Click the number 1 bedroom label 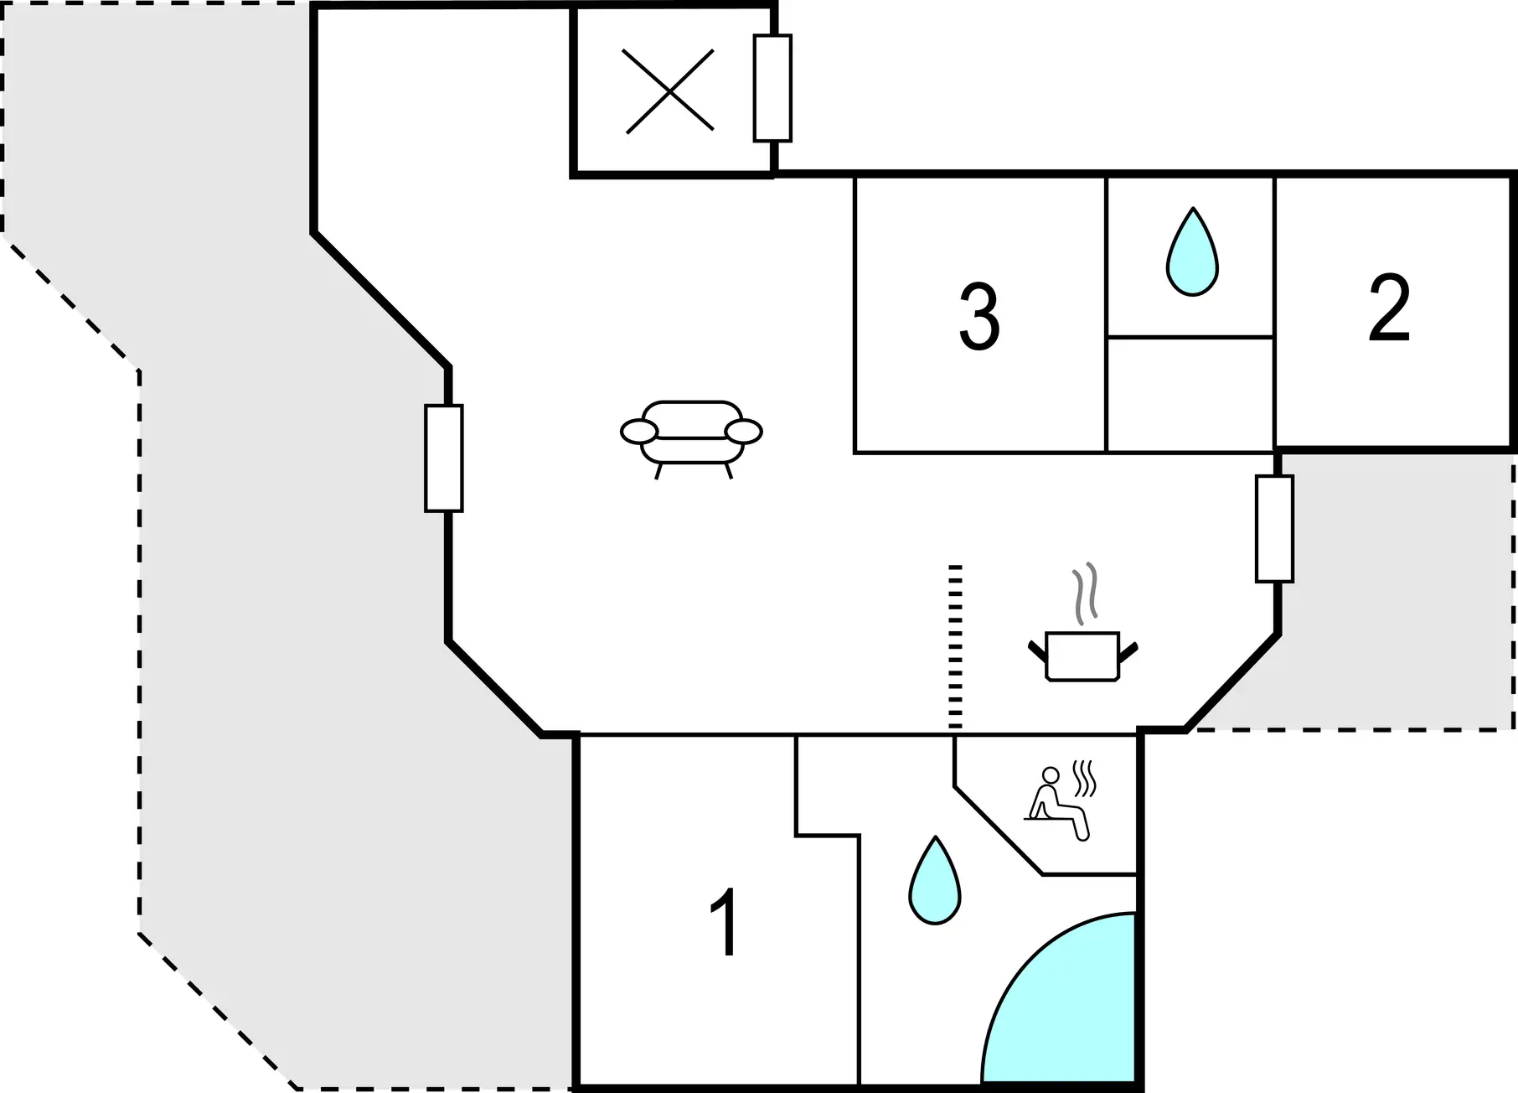[x=725, y=922]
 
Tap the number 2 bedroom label [x=1389, y=308]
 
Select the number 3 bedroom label [x=979, y=316]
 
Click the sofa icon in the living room [x=691, y=439]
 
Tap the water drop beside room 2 [x=1192, y=251]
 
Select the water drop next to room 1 [x=935, y=880]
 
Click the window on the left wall [x=444, y=458]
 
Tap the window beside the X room [x=772, y=88]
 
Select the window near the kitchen [x=1274, y=528]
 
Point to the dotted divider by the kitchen [x=955, y=647]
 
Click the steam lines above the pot [x=1086, y=593]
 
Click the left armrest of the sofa [x=639, y=432]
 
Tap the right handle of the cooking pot [x=1128, y=650]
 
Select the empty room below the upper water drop [x=1190, y=395]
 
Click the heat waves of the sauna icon [x=1084, y=779]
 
